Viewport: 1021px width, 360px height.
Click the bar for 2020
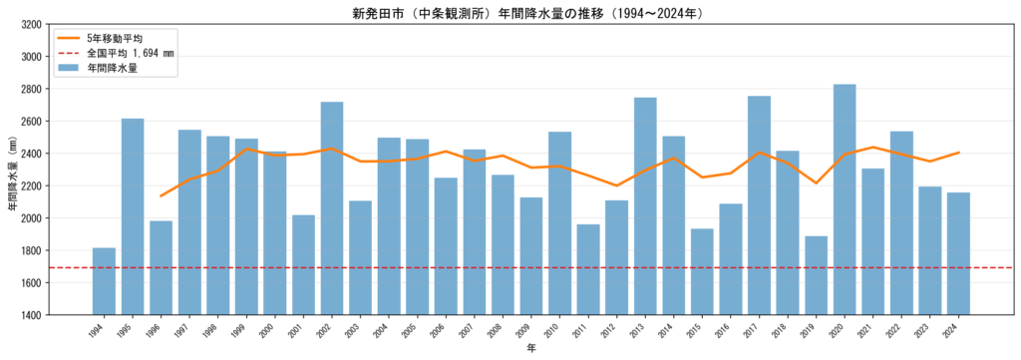click(845, 199)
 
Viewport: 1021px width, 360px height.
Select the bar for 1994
click(104, 281)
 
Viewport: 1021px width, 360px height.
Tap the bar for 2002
click(332, 208)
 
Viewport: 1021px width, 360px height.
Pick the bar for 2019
click(816, 275)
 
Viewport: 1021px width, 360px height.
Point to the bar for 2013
click(645, 206)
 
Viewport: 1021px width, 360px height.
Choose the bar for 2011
click(588, 269)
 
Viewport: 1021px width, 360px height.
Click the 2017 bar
click(759, 205)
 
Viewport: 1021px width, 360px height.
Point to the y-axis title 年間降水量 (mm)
click(11, 170)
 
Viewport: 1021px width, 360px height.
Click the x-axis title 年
click(532, 348)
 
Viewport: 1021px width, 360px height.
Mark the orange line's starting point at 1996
click(161, 195)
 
